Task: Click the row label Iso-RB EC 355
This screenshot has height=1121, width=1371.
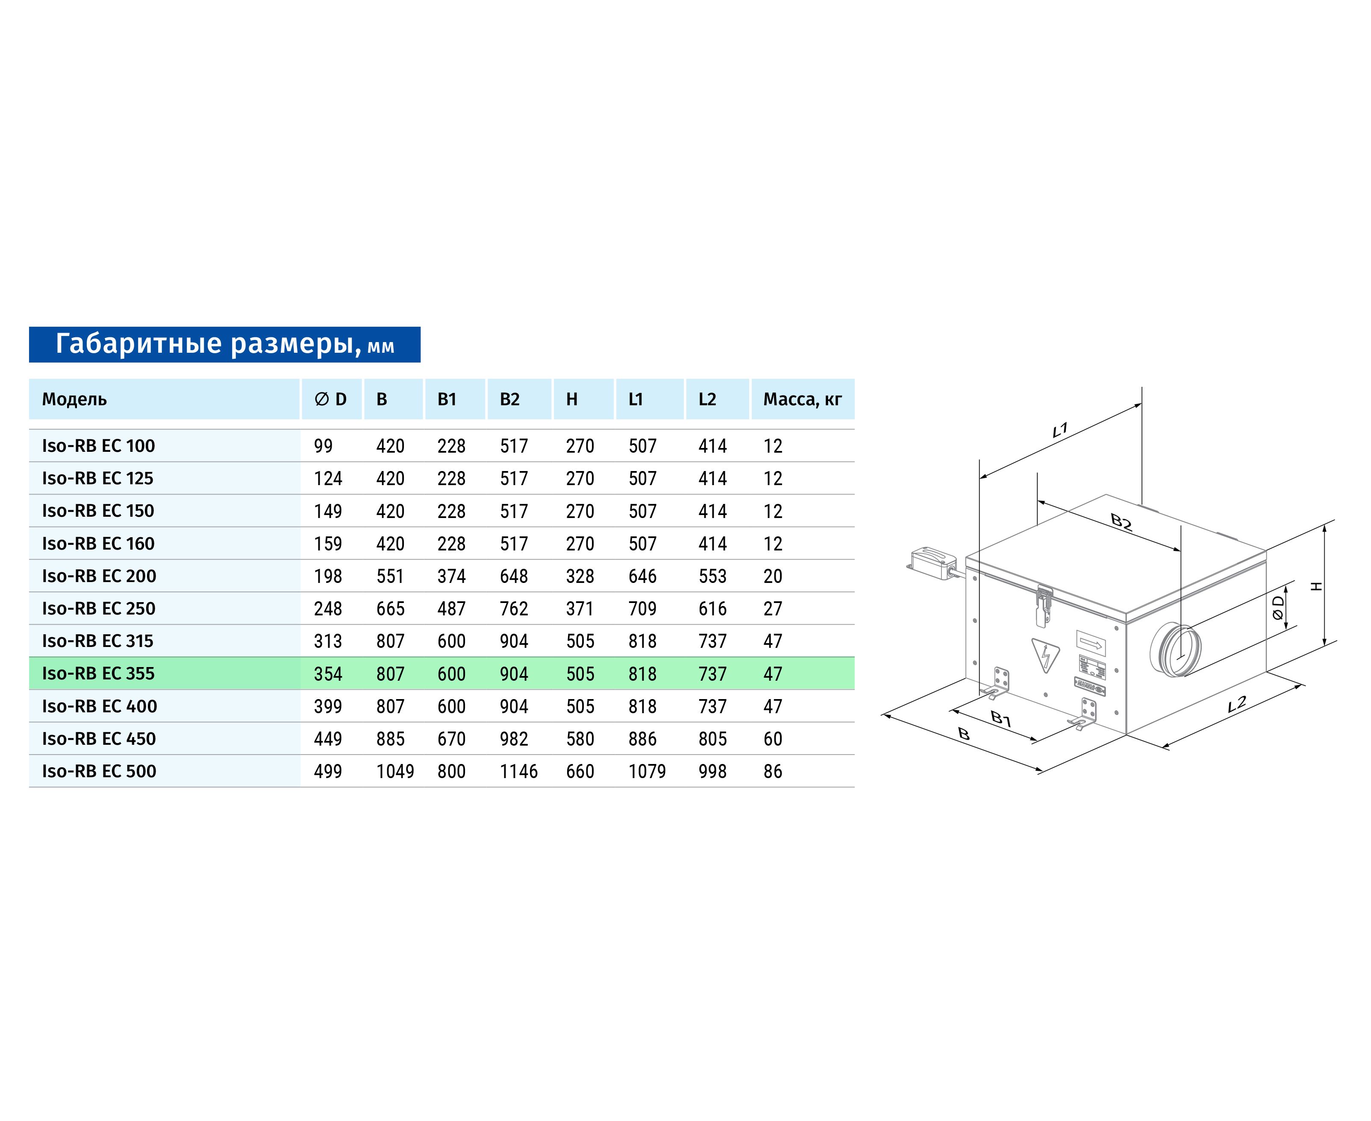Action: click(98, 673)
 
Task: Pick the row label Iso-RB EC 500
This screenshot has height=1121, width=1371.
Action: click(99, 771)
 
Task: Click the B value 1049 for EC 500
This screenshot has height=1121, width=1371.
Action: click(395, 771)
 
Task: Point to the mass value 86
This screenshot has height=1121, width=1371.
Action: click(773, 771)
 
